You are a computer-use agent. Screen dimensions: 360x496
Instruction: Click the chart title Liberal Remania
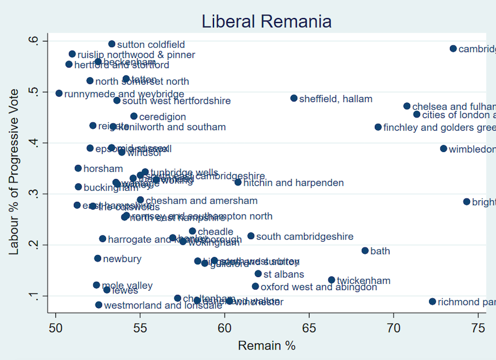266,21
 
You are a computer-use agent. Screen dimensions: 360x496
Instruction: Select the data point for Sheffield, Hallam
294,98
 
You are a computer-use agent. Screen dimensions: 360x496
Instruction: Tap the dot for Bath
365,250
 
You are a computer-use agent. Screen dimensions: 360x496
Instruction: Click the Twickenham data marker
331,280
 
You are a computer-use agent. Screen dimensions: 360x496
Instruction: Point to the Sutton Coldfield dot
112,44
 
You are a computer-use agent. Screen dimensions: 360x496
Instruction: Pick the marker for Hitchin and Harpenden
238,182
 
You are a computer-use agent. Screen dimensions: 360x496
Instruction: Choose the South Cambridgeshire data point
251,236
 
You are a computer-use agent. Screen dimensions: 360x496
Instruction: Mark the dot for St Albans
258,273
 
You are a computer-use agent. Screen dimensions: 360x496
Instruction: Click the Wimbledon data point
443,148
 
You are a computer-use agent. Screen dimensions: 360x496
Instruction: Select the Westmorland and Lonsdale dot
98,305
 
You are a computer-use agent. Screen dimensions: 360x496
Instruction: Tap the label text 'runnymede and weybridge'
124,94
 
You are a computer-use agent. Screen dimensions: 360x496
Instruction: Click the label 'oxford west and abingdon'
318,287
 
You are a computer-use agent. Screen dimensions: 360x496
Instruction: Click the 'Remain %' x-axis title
266,345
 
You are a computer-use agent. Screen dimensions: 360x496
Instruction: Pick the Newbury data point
97,258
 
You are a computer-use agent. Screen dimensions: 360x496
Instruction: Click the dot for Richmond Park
432,301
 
